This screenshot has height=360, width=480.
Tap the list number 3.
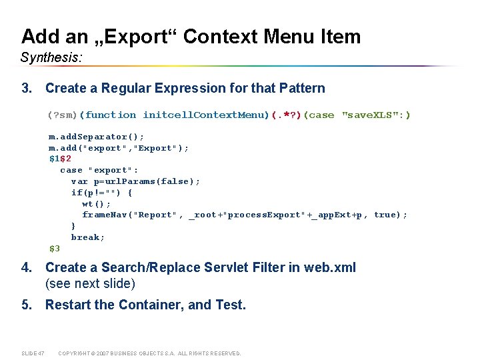pyautogui.click(x=26, y=88)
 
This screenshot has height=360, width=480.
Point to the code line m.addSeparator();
pyautogui.click(x=96, y=137)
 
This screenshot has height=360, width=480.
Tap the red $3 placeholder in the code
pyautogui.click(x=54, y=249)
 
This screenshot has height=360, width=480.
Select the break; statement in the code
pyautogui.click(x=88, y=237)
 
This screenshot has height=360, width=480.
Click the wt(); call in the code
pyautogui.click(x=96, y=204)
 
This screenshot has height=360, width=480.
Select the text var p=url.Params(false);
pyautogui.click(x=135, y=181)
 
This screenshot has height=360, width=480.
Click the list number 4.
pyautogui.click(x=26, y=267)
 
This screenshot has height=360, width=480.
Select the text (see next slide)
pyautogui.click(x=90, y=283)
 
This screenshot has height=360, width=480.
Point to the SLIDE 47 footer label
pyautogui.click(x=33, y=353)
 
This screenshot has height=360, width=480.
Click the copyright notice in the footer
pyautogui.click(x=149, y=353)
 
